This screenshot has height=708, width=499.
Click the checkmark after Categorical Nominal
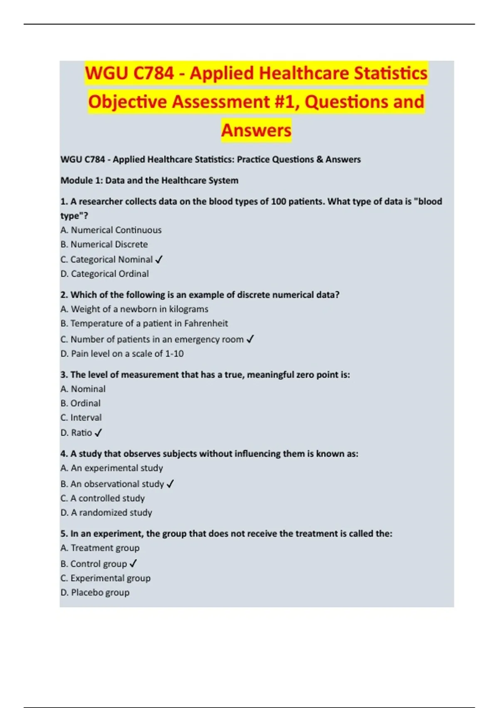click(x=159, y=259)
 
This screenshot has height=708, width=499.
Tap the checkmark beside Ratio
click(x=98, y=433)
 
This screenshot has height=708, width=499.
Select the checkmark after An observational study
click(x=170, y=484)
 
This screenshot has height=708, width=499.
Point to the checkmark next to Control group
click(x=133, y=563)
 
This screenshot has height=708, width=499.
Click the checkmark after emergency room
click(x=250, y=339)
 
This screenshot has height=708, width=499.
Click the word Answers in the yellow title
click(x=256, y=130)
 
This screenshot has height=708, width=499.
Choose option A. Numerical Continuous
click(x=111, y=230)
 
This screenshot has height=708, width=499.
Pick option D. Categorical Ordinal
click(x=105, y=274)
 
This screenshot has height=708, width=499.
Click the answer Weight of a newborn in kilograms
click(x=134, y=309)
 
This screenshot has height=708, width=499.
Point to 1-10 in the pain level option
click(x=174, y=354)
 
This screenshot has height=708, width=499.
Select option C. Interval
click(x=81, y=417)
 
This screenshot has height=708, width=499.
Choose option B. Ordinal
click(x=81, y=403)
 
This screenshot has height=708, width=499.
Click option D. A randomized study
click(x=106, y=512)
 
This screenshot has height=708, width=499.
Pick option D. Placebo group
click(x=95, y=592)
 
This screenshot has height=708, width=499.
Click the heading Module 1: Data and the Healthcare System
click(x=150, y=180)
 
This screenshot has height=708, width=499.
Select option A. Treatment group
click(x=100, y=548)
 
